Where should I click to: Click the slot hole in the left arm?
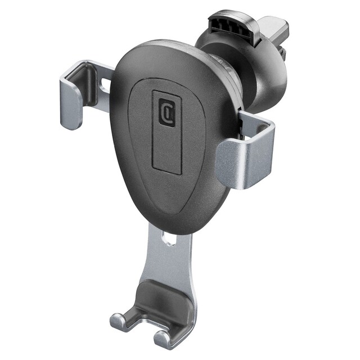106,84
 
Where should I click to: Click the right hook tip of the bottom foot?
162,339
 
